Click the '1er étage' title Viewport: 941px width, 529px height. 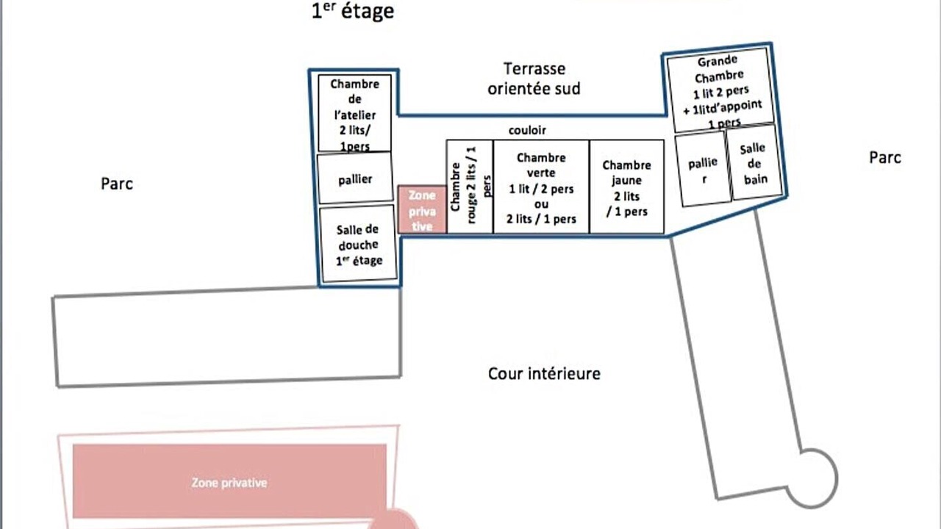tap(353, 11)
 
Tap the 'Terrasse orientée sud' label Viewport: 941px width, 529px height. tap(534, 79)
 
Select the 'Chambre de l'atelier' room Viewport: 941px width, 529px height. tap(354, 113)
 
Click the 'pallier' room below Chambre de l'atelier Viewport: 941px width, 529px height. tap(355, 179)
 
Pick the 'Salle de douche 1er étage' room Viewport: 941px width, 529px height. tap(358, 243)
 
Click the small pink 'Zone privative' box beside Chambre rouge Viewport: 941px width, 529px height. tap(422, 209)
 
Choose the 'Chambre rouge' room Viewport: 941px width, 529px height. tap(470, 187)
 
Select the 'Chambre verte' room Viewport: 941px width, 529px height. tap(541, 187)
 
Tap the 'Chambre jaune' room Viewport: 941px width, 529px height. tap(627, 187)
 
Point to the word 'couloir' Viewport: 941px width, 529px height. tap(527, 130)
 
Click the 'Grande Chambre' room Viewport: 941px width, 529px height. tap(720, 90)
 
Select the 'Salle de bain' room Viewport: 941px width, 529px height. tap(754, 163)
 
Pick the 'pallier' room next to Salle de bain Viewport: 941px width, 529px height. tap(703, 169)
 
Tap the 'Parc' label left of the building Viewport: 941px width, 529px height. tap(117, 184)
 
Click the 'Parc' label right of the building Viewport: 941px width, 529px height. tap(884, 158)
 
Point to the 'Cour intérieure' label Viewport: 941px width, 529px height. tap(544, 374)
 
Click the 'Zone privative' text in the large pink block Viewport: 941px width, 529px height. tap(229, 483)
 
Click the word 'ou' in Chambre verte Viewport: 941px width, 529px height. tap(541, 204)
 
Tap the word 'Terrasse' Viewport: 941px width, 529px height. tap(534, 69)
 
